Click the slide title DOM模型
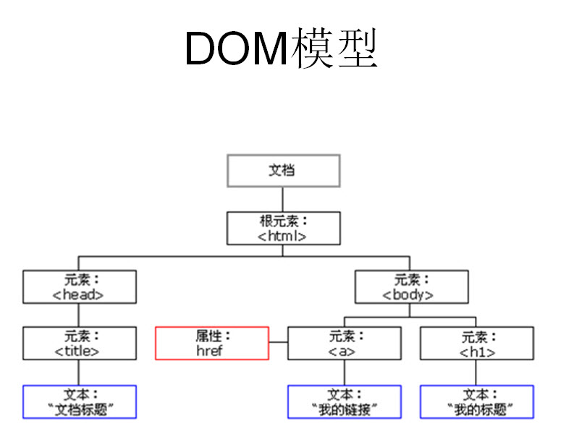pyautogui.click(x=281, y=49)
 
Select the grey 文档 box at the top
pyautogui.click(x=283, y=171)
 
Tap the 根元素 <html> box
pyautogui.click(x=283, y=227)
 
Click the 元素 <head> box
pyautogui.click(x=79, y=287)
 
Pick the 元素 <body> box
pyautogui.click(x=409, y=287)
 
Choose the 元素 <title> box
pyautogui.click(x=79, y=343)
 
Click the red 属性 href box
pyautogui.click(x=212, y=343)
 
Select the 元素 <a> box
pyautogui.click(x=344, y=343)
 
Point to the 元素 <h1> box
pyautogui.click(x=476, y=343)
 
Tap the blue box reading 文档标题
pyautogui.click(x=79, y=402)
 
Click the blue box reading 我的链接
pyautogui.click(x=344, y=402)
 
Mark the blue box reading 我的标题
pyautogui.click(x=476, y=402)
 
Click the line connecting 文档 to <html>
pyautogui.click(x=283, y=199)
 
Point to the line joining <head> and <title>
pyautogui.click(x=79, y=315)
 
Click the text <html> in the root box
pyautogui.click(x=282, y=235)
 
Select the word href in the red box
pyautogui.click(x=210, y=350)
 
